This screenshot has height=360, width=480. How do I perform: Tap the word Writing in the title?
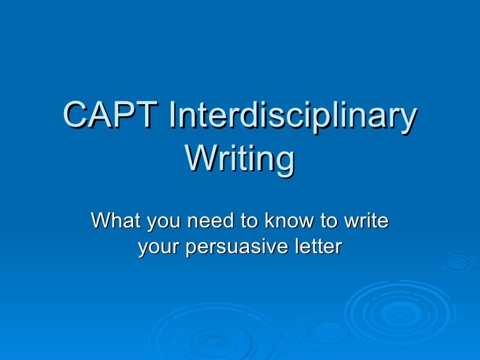(239, 159)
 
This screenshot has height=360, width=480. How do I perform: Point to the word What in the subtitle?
(116, 221)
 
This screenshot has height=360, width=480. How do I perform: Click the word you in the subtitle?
(164, 221)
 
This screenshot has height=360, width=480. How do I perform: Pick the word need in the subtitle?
(208, 221)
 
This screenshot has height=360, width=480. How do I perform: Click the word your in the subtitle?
(159, 247)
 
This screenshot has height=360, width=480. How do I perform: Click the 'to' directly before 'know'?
(250, 221)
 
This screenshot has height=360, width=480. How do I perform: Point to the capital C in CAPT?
(76, 118)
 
